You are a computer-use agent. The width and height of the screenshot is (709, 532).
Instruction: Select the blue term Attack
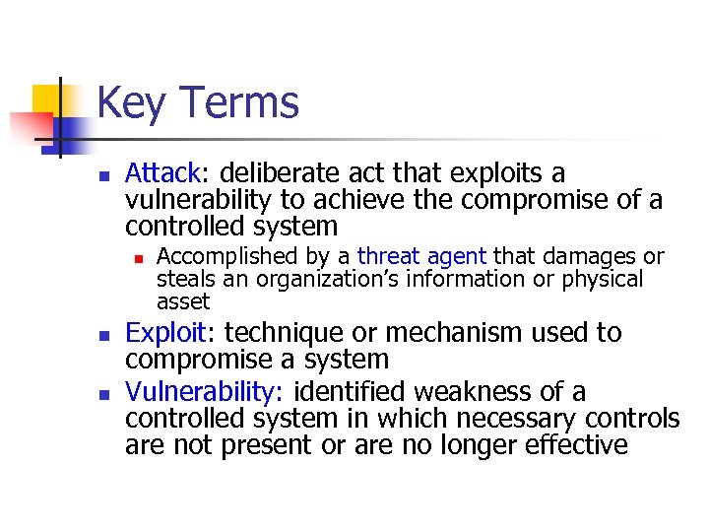pos(162,174)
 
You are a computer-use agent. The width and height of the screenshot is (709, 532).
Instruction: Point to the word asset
pos(183,301)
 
